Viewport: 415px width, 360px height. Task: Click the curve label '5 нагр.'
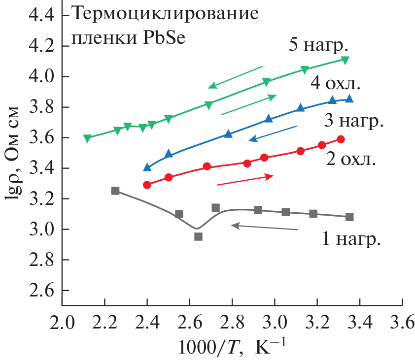click(319, 45)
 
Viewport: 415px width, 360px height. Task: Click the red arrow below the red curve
click(245, 180)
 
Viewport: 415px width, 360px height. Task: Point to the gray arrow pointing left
click(264, 227)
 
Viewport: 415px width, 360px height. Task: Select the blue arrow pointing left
click(273, 133)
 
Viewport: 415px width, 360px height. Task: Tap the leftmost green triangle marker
click(87, 138)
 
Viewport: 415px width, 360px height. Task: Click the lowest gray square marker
click(198, 236)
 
